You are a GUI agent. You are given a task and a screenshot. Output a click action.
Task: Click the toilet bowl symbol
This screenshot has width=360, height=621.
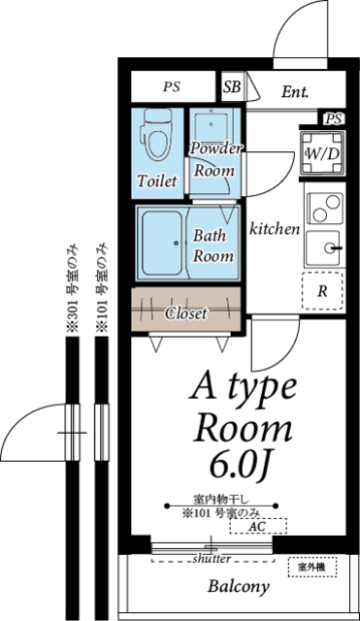coord(158,135)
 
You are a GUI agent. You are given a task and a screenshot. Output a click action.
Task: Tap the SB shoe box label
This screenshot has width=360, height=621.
coord(232,86)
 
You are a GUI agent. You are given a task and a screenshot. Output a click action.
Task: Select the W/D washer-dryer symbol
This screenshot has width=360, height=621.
coord(322,153)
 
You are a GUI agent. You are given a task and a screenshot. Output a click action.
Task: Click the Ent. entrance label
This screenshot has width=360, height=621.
coord(295,92)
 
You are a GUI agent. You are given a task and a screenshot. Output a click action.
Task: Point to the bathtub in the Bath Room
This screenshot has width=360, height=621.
coord(162,243)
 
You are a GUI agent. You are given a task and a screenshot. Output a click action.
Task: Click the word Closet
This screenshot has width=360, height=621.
coord(186,313)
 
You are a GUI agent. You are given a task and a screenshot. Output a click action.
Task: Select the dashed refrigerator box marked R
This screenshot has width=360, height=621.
coord(322,291)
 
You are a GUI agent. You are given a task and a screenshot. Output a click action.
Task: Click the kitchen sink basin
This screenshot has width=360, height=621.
coord(325,248)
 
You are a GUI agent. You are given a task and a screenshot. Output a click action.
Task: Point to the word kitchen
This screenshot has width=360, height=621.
coord(275,229)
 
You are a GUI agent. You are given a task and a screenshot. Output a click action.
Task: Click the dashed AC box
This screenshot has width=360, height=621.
coord(258,526)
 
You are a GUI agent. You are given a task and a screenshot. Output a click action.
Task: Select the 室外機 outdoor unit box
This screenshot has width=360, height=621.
coord(312,567)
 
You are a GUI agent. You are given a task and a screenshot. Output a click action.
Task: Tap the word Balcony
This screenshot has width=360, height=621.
coord(239,586)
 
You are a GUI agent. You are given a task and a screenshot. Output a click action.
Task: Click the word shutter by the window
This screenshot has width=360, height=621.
coord(212,559)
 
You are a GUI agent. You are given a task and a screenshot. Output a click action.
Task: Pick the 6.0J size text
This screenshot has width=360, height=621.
coord(240,464)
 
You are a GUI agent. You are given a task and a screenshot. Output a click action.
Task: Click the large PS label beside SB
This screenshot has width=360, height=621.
coord(172,86)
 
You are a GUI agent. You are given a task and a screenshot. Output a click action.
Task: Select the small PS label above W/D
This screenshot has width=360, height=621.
coord(334,118)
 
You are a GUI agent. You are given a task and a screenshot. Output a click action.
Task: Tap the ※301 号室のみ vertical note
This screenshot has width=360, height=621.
coord(72,288)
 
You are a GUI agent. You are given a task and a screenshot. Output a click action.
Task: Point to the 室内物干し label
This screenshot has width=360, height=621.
coord(221,499)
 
